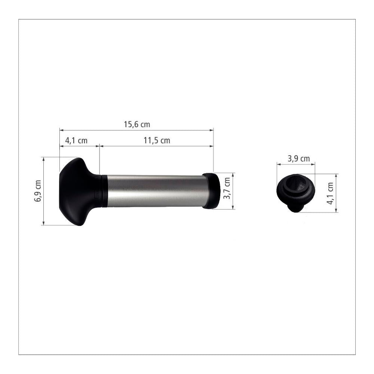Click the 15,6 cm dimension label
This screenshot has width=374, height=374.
point(137,124)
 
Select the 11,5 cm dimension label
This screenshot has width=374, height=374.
point(157,140)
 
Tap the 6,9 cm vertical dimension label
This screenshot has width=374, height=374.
point(38,191)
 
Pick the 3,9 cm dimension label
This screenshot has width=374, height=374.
point(298,158)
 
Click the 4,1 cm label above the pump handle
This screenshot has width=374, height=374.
point(76,140)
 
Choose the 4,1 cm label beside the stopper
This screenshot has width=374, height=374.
point(330,193)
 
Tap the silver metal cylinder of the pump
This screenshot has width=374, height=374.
point(155,191)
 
